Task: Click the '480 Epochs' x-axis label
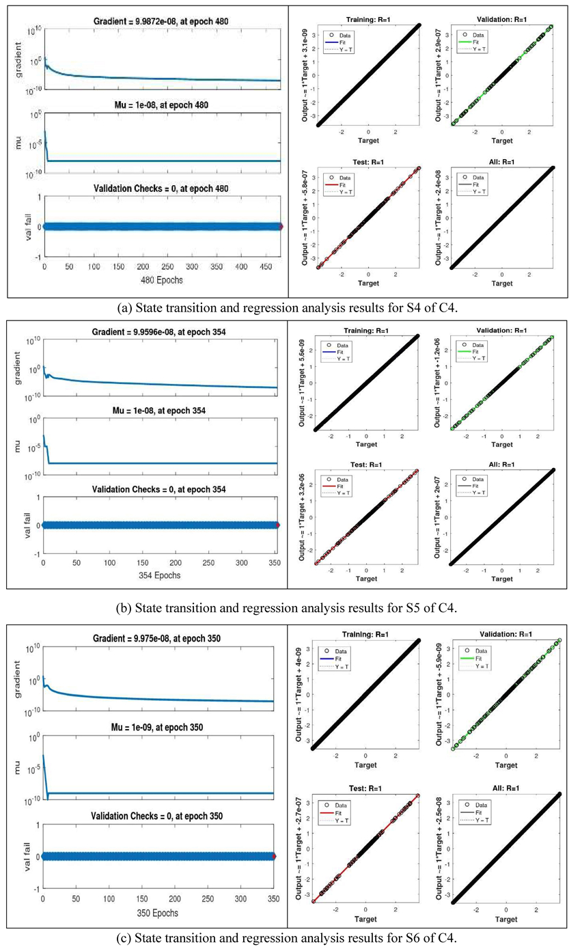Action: [x=162, y=280]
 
